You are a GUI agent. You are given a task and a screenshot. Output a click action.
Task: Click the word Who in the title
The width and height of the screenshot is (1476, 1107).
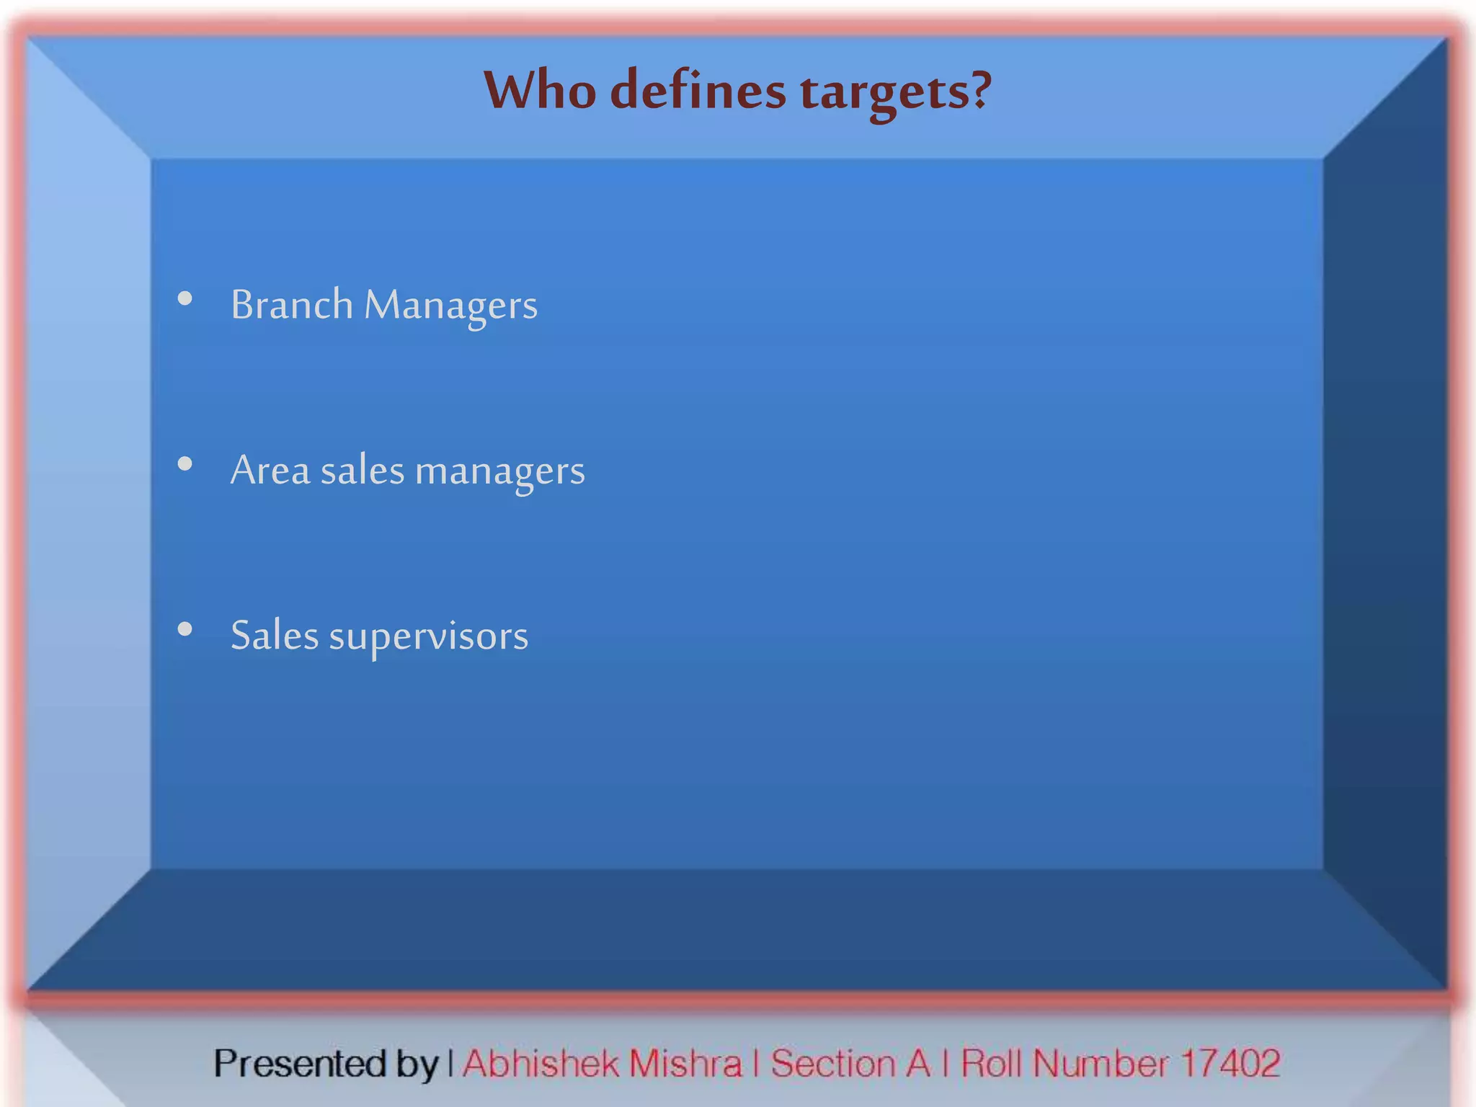(x=539, y=92)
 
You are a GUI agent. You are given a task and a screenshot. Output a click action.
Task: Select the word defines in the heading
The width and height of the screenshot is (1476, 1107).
(x=698, y=92)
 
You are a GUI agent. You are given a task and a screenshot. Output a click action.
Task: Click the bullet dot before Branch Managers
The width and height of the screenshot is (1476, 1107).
(x=185, y=298)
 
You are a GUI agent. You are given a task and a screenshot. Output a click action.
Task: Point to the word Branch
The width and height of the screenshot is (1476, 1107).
(x=292, y=304)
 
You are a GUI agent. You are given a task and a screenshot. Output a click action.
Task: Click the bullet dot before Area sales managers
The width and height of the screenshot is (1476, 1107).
(x=185, y=464)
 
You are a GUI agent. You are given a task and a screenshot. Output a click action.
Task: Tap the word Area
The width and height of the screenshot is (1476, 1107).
(x=270, y=471)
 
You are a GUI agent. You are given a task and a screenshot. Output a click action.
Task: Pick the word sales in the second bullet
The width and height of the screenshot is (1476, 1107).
(x=363, y=471)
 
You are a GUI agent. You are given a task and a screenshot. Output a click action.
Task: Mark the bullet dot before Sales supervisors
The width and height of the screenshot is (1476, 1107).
(x=185, y=629)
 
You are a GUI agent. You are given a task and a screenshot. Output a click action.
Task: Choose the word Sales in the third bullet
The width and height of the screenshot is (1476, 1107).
(x=275, y=636)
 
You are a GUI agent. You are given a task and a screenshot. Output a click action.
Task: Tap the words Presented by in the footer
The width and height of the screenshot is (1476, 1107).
(x=326, y=1064)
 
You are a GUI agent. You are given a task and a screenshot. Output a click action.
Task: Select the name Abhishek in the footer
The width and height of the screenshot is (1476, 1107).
(x=541, y=1064)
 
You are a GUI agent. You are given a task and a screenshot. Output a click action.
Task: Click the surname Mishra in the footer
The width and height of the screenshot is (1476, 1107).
(x=685, y=1064)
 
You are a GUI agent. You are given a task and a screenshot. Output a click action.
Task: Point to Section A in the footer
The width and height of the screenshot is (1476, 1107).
(x=850, y=1064)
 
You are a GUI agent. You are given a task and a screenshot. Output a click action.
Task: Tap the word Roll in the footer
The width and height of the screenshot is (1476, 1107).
(x=992, y=1064)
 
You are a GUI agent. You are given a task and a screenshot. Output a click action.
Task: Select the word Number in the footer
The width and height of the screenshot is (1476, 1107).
(x=1101, y=1064)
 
